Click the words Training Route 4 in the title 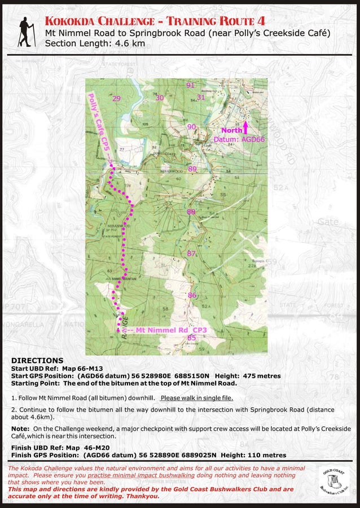pyautogui.click(x=215, y=21)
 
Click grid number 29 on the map pyautogui.click(x=117, y=99)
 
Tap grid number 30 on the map pyautogui.click(x=160, y=98)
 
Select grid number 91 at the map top pyautogui.click(x=191, y=85)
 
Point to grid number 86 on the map pyautogui.click(x=192, y=295)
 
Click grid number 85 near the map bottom pyautogui.click(x=192, y=338)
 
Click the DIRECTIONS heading pyautogui.click(x=37, y=360)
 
